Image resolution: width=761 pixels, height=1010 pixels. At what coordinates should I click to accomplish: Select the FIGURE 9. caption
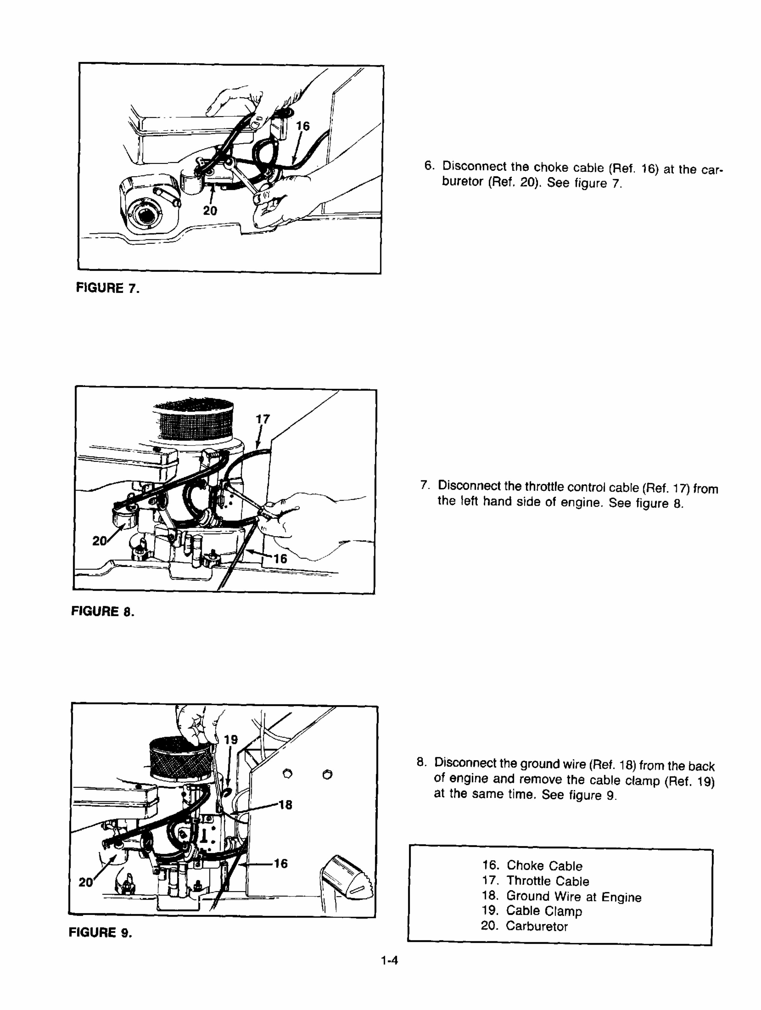point(100,932)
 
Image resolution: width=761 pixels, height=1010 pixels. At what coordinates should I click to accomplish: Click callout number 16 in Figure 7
point(302,126)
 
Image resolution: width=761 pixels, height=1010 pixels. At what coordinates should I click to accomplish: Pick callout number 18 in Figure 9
point(285,804)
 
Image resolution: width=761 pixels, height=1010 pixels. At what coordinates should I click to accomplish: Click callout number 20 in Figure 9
point(85,882)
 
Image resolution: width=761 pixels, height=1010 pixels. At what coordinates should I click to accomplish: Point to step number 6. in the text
point(429,166)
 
